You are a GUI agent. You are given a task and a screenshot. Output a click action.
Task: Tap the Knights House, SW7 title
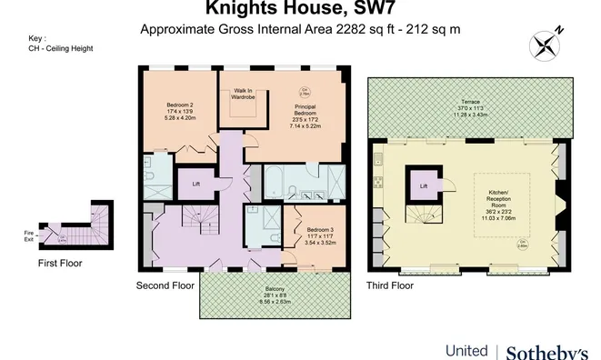[300, 9]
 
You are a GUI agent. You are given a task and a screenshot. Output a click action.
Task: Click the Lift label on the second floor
[195, 184]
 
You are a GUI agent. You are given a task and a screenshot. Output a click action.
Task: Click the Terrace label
[469, 102]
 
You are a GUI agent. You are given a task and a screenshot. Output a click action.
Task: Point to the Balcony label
[274, 295]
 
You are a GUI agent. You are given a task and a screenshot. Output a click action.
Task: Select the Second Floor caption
[165, 285]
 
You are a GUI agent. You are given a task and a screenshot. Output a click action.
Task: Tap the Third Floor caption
[390, 285]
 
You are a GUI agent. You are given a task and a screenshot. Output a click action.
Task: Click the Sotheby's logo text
[546, 351]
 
